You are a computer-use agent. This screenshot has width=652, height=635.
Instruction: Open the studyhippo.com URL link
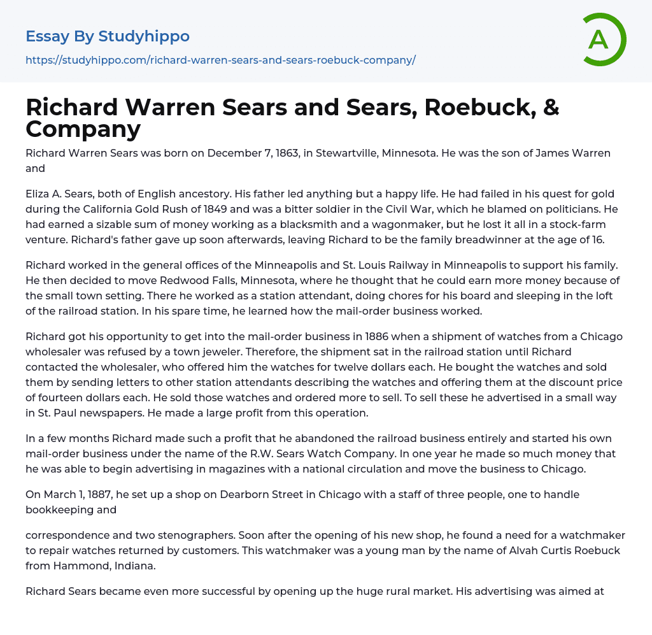coord(220,61)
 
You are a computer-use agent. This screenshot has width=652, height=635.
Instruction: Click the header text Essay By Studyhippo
coord(108,36)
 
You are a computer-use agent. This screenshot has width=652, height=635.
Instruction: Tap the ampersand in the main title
coord(551,108)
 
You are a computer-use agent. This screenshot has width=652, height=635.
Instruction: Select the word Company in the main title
coord(83,129)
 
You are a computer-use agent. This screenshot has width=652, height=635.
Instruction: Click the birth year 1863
coord(286,153)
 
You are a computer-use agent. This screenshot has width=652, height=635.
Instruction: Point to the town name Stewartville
coord(343,153)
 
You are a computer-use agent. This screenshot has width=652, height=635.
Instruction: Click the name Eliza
coord(39,193)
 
